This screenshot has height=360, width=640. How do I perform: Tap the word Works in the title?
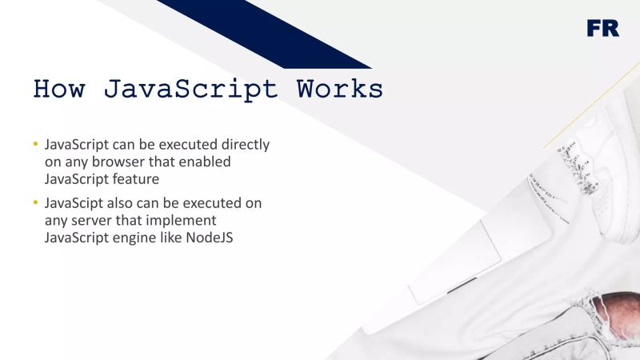click(340, 88)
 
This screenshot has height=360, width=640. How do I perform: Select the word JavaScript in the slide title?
click(190, 88)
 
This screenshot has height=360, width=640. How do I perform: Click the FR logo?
click(602, 28)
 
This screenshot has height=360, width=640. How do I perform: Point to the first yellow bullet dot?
click(35, 145)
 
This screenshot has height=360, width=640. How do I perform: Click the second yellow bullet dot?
click(35, 203)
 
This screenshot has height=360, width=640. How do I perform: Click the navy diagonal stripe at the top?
click(264, 32)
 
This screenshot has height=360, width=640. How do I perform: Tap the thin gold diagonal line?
click(592, 104)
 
